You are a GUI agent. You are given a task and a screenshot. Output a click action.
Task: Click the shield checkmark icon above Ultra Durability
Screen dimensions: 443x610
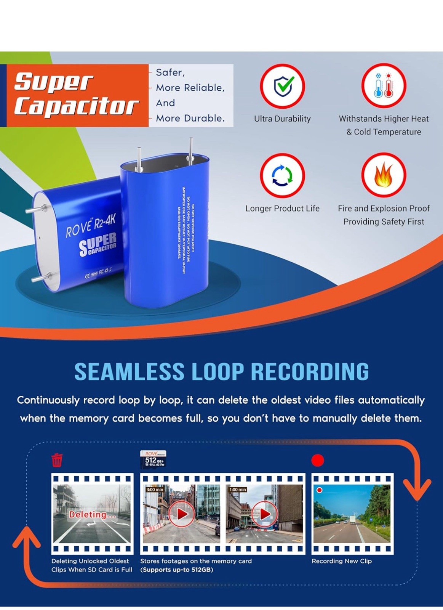[282, 86]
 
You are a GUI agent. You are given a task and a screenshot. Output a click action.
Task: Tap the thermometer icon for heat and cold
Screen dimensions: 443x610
[383, 86]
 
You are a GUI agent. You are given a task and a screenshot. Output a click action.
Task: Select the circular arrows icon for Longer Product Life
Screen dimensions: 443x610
[282, 175]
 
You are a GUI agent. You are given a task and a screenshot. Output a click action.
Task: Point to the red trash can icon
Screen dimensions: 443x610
[57, 460]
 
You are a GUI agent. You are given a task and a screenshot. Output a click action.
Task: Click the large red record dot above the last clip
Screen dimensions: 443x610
[318, 460]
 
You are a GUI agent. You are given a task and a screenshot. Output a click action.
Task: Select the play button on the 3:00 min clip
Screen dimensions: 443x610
[182, 514]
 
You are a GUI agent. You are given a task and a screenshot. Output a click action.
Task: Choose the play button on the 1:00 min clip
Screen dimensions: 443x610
[265, 514]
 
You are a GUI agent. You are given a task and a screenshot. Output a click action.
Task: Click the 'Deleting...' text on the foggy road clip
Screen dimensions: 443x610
[92, 515]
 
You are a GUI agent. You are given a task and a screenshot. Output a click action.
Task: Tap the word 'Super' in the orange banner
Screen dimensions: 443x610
[54, 82]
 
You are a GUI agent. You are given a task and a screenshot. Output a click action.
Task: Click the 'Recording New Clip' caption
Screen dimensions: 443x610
[341, 561]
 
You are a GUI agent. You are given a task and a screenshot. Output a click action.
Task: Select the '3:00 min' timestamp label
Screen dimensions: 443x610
[155, 489]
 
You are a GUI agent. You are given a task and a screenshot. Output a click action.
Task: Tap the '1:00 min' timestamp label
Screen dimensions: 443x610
[238, 489]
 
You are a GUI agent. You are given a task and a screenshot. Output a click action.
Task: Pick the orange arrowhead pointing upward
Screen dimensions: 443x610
[27, 538]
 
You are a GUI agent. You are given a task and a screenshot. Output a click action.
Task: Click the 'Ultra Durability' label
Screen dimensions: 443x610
[282, 119]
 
